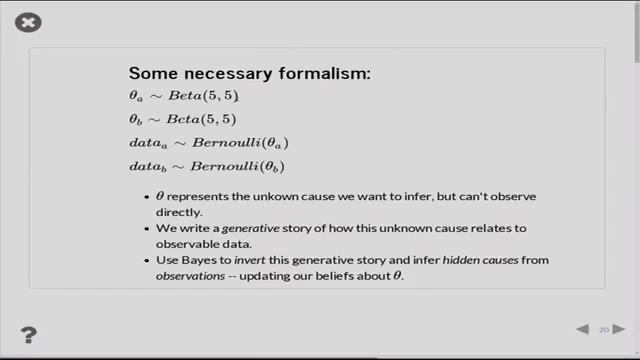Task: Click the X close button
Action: (29, 22)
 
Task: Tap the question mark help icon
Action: (29, 335)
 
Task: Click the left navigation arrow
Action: (582, 329)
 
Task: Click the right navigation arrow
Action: (620, 329)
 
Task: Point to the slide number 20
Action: (604, 329)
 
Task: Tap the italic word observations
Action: (189, 275)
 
